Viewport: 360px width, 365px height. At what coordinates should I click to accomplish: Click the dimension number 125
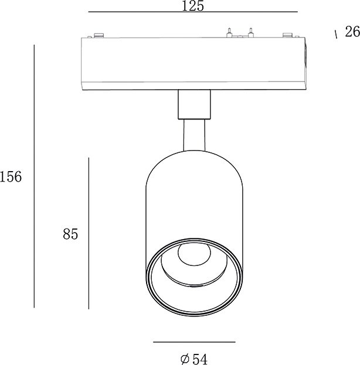click(x=192, y=6)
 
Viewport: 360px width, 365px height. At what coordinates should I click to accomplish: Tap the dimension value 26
click(x=352, y=32)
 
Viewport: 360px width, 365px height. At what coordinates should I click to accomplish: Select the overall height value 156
click(x=11, y=176)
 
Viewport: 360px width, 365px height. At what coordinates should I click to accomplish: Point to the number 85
click(x=70, y=234)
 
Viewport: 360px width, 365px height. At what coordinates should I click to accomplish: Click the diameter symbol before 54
click(x=185, y=359)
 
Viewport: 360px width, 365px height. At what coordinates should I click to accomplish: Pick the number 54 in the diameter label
click(x=200, y=359)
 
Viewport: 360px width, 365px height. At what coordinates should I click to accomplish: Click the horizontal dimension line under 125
click(x=193, y=12)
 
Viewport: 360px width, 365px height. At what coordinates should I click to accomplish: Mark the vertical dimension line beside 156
click(x=34, y=176)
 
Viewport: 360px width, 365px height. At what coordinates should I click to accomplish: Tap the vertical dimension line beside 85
click(x=89, y=234)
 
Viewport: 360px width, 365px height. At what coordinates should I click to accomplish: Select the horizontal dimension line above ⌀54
click(x=194, y=342)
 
